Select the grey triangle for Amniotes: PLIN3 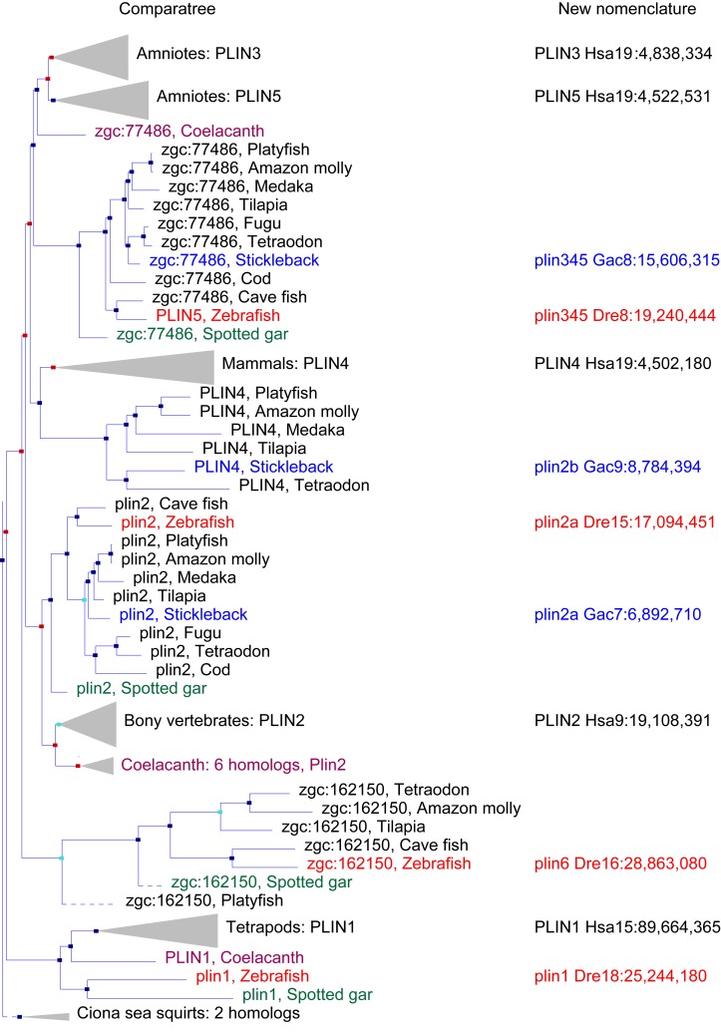click(x=104, y=54)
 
